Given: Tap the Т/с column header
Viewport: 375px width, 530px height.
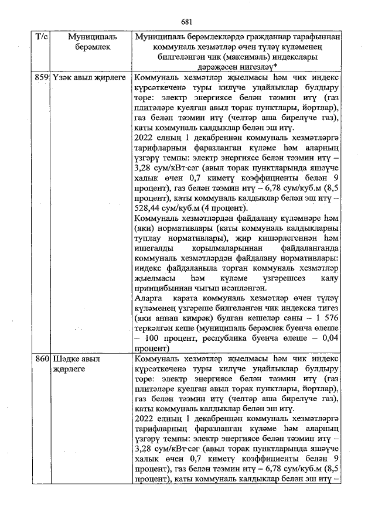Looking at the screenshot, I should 42,37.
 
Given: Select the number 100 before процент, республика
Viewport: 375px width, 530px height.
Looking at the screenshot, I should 156,338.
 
